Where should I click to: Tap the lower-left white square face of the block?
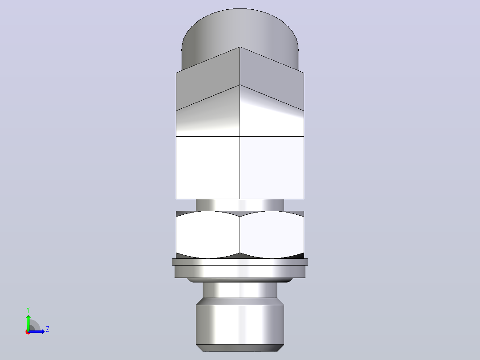click(x=208, y=168)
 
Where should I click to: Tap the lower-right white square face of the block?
click(x=272, y=168)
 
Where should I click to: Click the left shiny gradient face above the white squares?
click(x=208, y=116)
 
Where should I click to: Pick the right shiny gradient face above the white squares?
click(x=272, y=116)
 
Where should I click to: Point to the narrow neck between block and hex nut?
click(x=240, y=205)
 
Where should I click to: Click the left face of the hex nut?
click(x=208, y=235)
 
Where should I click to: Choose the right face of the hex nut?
click(x=272, y=235)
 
